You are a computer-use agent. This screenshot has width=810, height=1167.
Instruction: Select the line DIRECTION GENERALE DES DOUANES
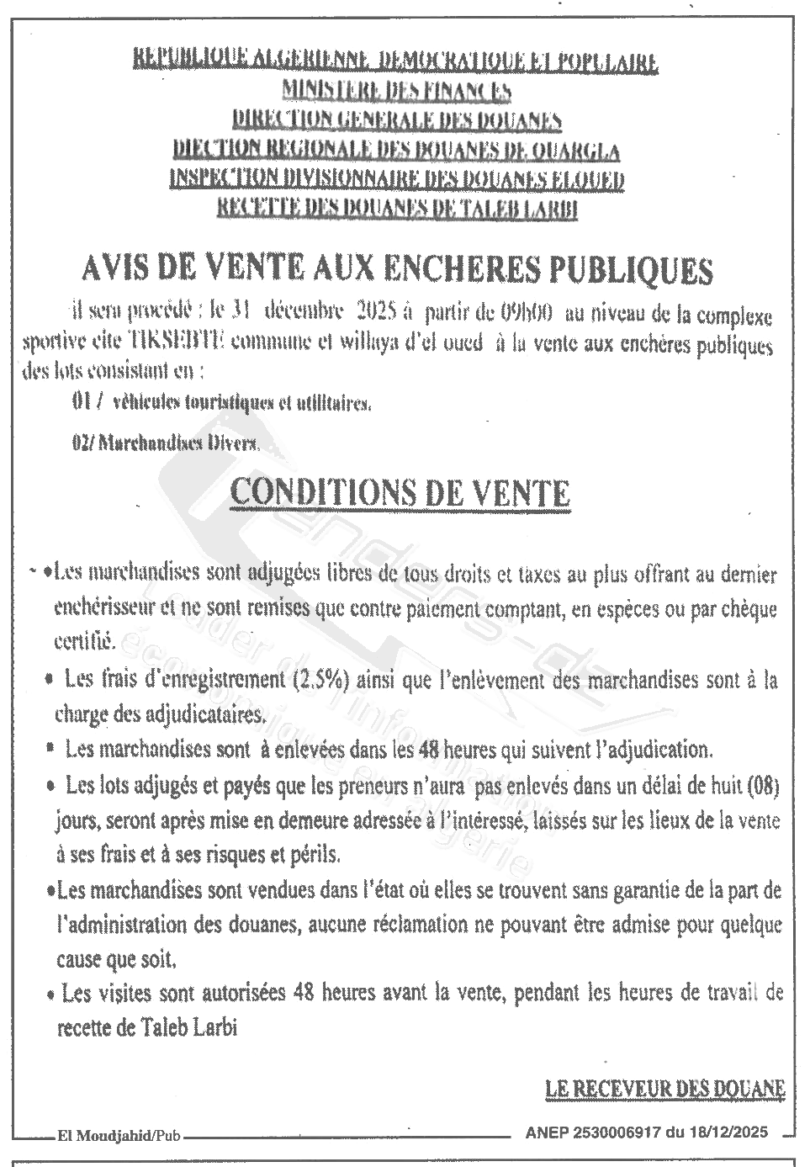point(396,120)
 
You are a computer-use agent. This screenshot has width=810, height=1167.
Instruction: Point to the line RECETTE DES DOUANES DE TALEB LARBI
point(396,208)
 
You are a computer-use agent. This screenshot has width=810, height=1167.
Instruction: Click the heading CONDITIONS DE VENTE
point(400,493)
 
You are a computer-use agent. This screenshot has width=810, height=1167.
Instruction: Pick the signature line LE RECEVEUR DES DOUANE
point(665,1088)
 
